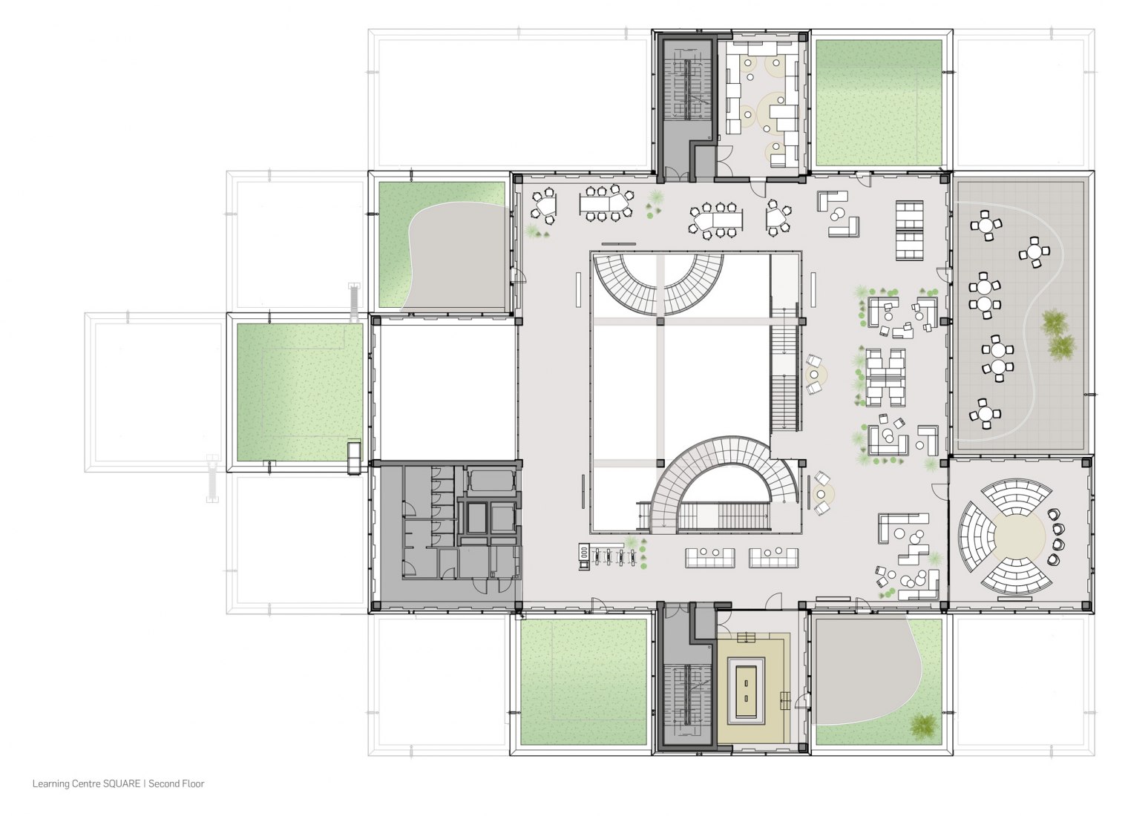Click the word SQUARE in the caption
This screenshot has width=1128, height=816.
122,784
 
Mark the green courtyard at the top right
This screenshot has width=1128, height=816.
878,102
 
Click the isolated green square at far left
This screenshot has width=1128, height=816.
300,392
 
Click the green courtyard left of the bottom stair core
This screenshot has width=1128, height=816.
583,682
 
